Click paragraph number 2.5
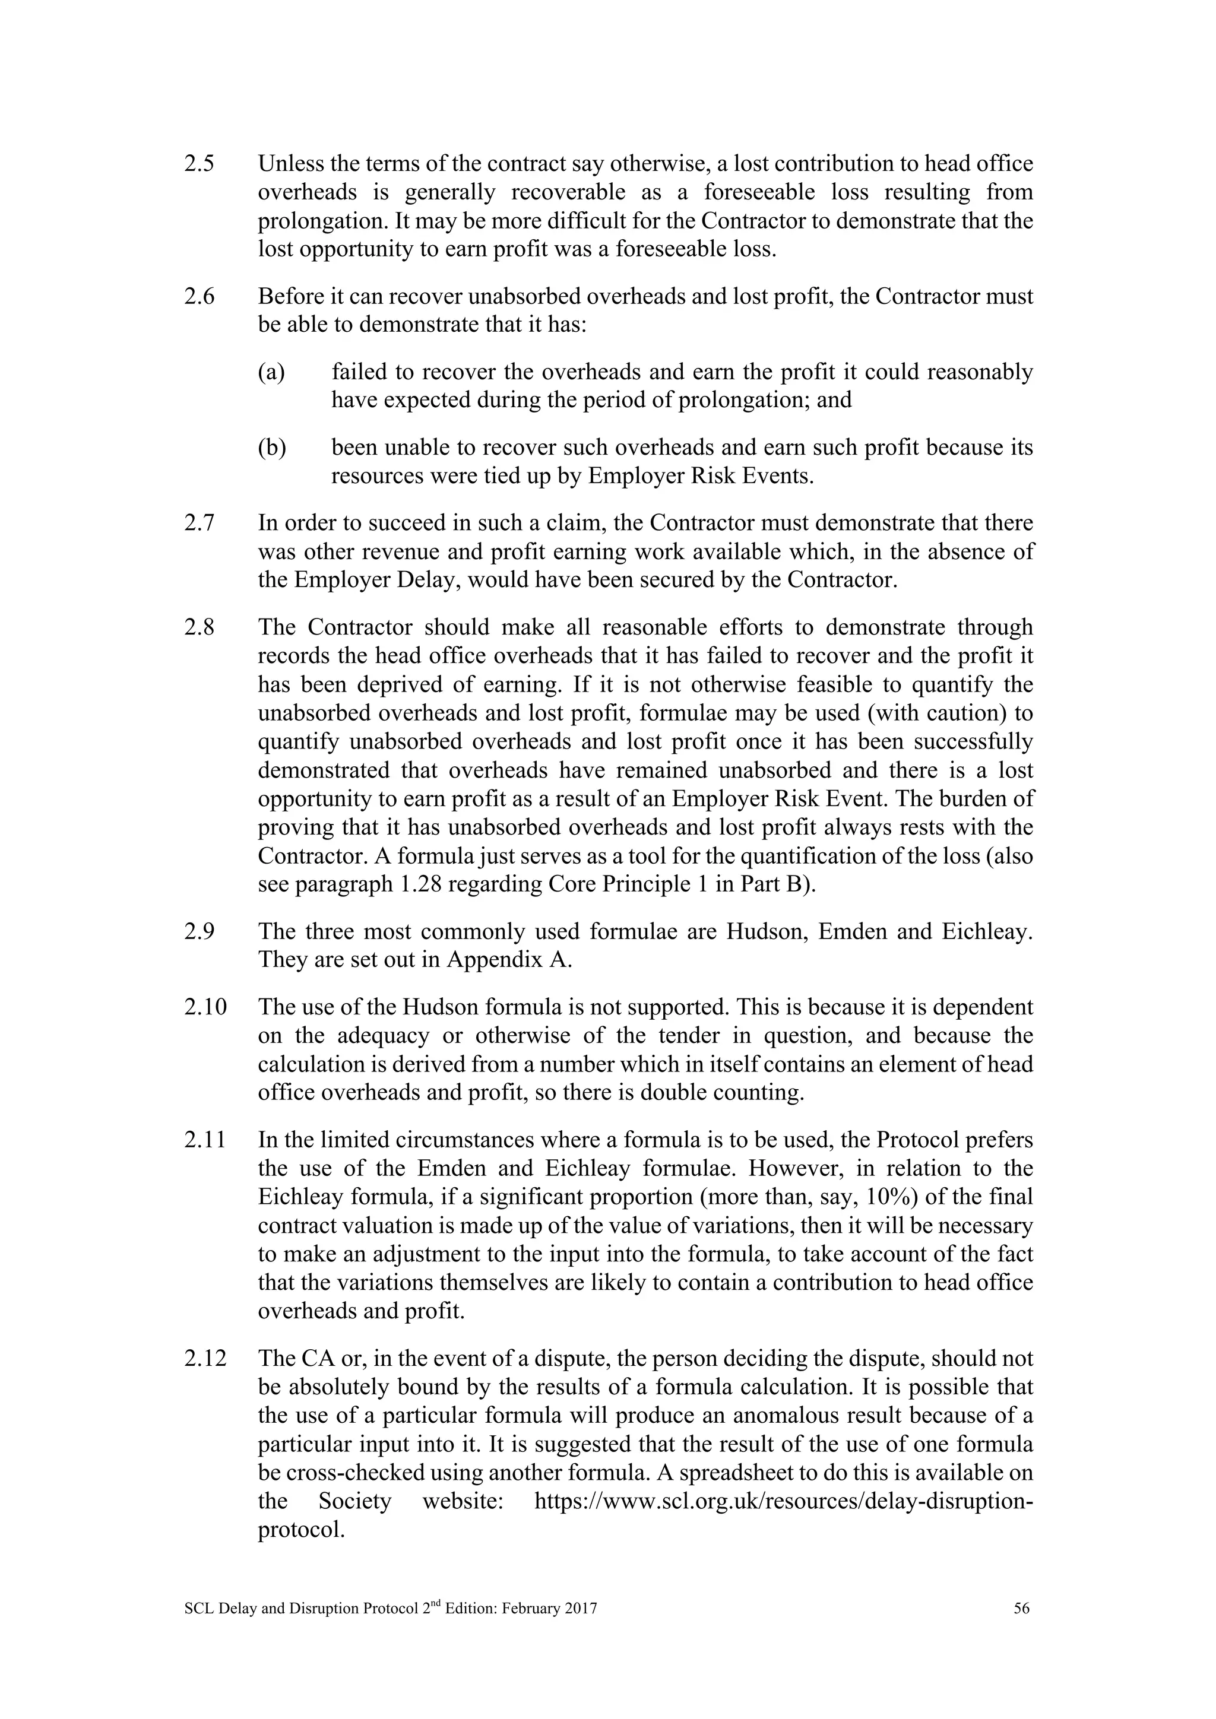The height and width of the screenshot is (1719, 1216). pyautogui.click(x=198, y=164)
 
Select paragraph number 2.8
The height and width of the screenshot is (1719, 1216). pyautogui.click(x=198, y=627)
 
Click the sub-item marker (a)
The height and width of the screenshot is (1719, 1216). pyautogui.click(x=271, y=372)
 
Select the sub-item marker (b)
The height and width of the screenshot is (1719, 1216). pyautogui.click(x=272, y=448)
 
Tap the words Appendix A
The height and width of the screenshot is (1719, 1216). pyautogui.click(x=509, y=960)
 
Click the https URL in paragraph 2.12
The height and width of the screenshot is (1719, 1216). pyautogui.click(x=783, y=1501)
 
